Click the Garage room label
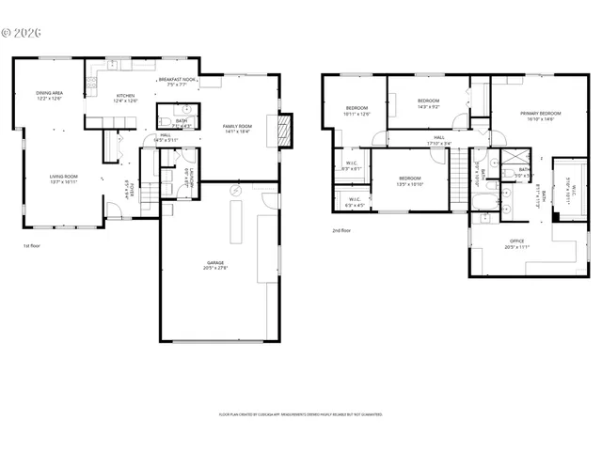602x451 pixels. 215,266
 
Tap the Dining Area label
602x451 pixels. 49,96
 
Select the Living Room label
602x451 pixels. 63,179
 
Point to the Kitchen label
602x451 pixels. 125,99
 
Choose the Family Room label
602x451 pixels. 237,128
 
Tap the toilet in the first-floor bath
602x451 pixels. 162,121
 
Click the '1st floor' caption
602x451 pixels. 32,245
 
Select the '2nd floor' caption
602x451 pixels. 341,230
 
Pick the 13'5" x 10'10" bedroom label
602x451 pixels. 410,180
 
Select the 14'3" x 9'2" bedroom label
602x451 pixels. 428,102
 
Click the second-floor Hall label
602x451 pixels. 438,141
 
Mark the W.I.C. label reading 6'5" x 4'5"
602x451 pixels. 356,201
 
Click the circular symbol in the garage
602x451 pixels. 236,192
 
